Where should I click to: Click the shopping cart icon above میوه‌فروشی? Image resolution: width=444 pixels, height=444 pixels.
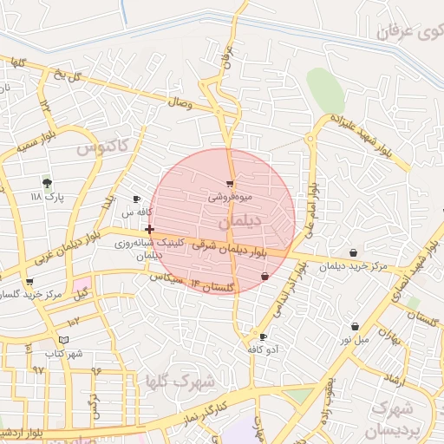229,183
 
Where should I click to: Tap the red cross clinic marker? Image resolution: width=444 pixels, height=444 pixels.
150,230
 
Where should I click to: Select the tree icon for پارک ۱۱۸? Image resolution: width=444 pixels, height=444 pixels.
47,183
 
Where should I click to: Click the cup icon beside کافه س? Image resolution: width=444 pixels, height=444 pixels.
136,199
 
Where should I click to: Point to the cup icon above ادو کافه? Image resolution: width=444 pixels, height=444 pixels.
263,336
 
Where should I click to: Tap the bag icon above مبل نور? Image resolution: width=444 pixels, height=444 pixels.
355,326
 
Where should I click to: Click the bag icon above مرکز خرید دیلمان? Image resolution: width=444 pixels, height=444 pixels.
352,252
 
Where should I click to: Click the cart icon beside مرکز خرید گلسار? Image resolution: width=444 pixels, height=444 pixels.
29,282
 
